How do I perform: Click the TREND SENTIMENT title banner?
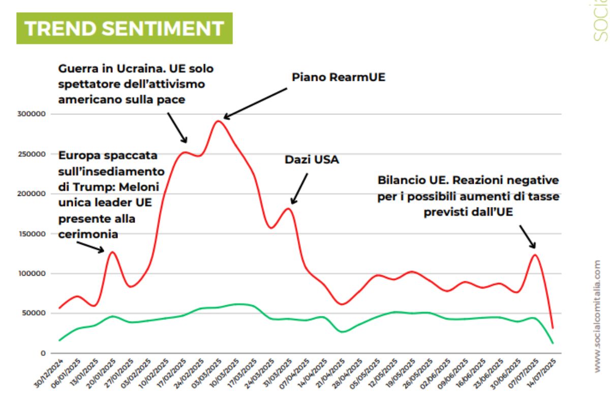tap(124, 28)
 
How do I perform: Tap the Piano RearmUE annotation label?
tap(339, 77)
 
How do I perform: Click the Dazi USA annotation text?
tap(312, 160)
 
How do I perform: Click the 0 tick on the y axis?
tap(44, 353)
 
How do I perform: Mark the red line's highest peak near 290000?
tap(218, 121)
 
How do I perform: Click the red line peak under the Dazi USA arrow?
tap(288, 208)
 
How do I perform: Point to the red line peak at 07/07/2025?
tap(535, 254)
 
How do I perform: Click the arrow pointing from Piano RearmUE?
tap(255, 103)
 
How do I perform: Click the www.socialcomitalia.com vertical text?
tap(597, 315)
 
